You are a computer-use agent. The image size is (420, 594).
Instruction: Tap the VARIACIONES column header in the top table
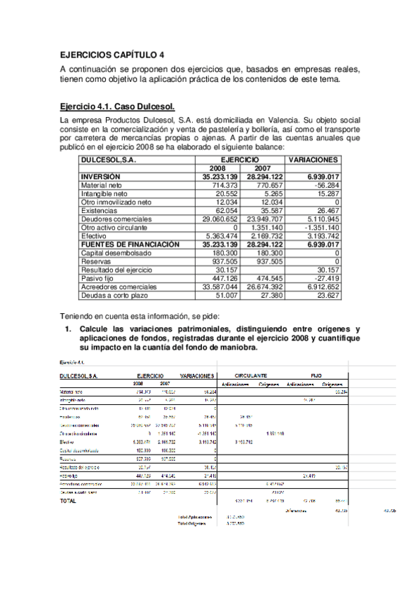point(314,160)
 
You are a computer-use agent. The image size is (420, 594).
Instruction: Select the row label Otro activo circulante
point(114,228)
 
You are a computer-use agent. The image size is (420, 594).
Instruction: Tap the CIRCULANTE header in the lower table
point(250,375)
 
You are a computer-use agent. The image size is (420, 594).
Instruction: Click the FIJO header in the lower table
point(316,375)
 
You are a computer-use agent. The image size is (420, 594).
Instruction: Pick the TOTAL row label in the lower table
point(69,501)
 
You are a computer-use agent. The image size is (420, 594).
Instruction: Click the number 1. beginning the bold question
point(69,329)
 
